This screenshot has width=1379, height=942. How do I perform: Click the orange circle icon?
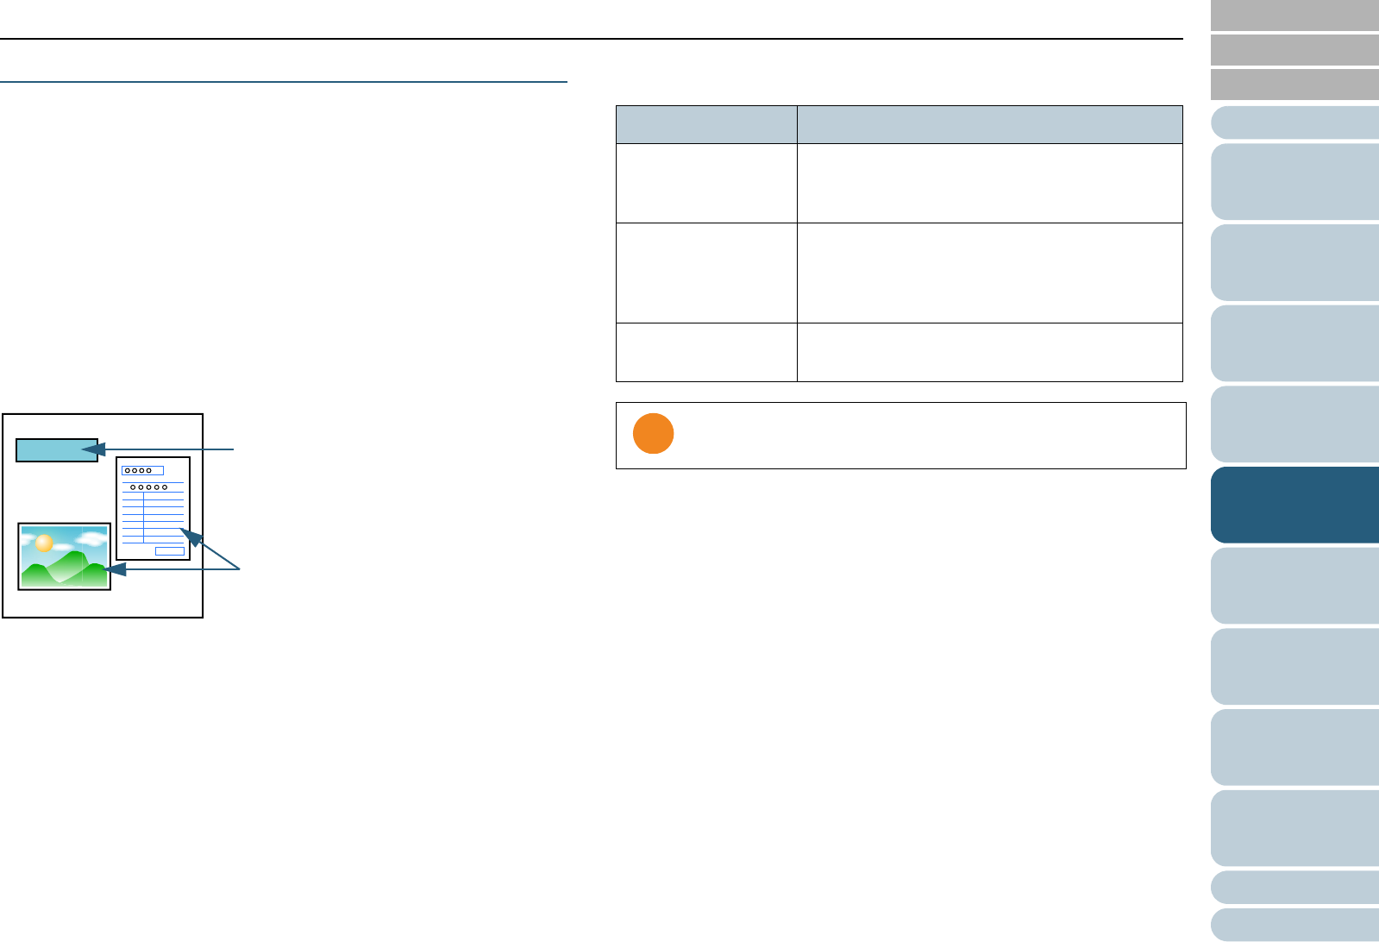coord(653,433)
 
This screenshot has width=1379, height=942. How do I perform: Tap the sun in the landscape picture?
coord(43,543)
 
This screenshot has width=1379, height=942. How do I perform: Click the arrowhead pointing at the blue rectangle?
coord(93,449)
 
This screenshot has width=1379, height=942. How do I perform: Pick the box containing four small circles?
coord(142,470)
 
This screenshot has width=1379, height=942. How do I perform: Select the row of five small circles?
coord(147,487)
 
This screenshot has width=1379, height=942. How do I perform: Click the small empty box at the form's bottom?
coord(169,551)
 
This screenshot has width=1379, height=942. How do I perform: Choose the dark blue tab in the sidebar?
coord(1294,505)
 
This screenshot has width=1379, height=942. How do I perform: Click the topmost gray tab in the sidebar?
coord(1294,16)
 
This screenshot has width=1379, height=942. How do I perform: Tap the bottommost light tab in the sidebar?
coord(1294,924)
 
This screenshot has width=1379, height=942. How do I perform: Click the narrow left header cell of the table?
coord(706,124)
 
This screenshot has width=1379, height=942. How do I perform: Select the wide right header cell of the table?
coord(989,124)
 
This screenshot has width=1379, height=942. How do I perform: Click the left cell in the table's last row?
coord(706,352)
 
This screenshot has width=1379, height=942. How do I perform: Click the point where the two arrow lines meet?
coord(239,569)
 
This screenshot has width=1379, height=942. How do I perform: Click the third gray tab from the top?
coord(1294,85)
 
